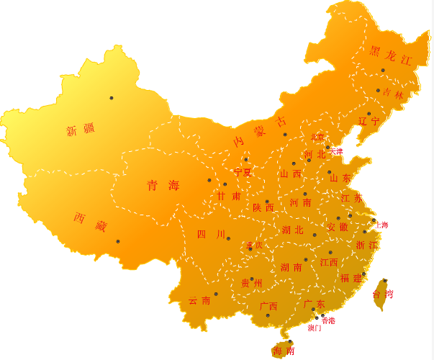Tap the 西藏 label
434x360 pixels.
coord(90,222)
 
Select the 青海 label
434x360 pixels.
coord(163,186)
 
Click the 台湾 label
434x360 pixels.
coord(383,294)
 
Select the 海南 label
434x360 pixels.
coord(284,351)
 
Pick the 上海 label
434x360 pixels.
coord(381,225)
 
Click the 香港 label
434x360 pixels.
coord(328,320)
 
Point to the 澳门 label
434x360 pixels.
coord(315,328)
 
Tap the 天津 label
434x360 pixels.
coord(336,152)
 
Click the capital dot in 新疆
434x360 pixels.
coord(112,98)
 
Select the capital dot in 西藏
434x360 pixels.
coord(118,241)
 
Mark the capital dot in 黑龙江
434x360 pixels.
coord(383,70)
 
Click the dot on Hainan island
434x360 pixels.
coord(290,341)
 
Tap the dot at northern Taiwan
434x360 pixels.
coord(385,280)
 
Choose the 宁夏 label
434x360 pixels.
coord(243,173)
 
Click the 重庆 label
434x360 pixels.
coord(254,245)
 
